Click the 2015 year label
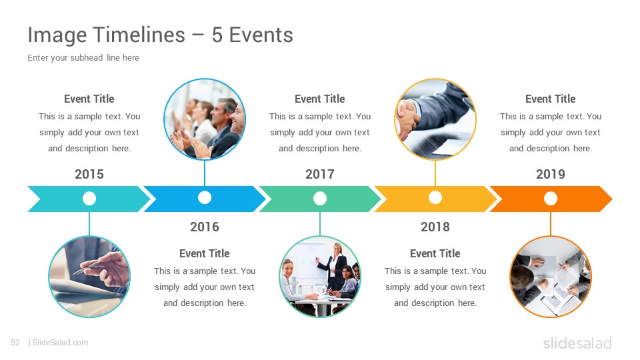click(89, 174)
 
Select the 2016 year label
click(205, 227)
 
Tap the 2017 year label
click(320, 174)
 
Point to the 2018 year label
click(435, 227)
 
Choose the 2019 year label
click(551, 174)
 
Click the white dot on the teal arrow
click(89, 199)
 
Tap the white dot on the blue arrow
click(205, 197)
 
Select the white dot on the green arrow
click(320, 199)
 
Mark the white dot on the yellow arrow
click(435, 197)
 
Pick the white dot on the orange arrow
click(551, 199)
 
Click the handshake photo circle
click(435, 119)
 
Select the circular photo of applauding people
click(205, 119)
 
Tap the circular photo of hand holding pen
click(89, 277)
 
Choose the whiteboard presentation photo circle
click(320, 277)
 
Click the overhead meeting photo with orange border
click(551, 277)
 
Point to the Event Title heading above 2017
click(320, 99)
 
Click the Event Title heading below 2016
click(205, 253)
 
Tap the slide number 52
click(15, 343)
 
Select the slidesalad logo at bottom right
click(577, 343)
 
